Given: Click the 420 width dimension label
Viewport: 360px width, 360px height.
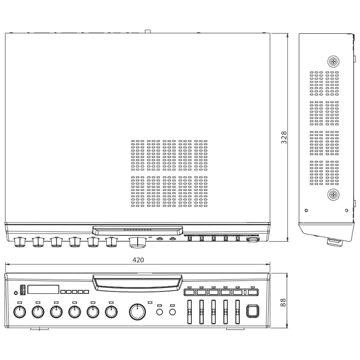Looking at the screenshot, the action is [138, 260].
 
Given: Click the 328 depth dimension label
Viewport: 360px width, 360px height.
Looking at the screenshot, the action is [284, 138].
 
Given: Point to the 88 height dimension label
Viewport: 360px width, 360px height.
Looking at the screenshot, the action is [283, 302].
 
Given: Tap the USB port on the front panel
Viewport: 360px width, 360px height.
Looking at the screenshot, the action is [22, 289].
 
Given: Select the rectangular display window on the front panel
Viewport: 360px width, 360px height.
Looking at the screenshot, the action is [43, 289].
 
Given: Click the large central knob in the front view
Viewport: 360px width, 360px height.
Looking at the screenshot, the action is [137, 312].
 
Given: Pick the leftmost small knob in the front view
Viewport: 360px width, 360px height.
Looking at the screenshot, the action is [20, 312].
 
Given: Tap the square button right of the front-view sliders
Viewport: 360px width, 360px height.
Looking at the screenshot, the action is [252, 311].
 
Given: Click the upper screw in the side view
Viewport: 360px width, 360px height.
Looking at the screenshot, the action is [333, 62].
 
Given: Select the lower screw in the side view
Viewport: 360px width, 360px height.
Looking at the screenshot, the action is [333, 195].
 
